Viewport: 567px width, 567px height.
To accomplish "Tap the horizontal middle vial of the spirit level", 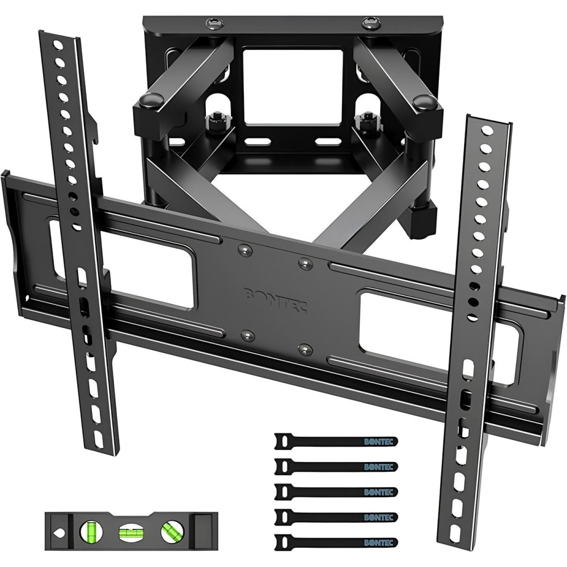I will click(x=129, y=532).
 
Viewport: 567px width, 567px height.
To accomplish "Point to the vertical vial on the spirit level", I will click(x=90, y=532).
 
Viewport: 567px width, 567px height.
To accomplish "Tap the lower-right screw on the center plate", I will click(x=306, y=346).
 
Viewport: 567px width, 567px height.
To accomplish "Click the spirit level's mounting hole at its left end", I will click(x=58, y=532).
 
